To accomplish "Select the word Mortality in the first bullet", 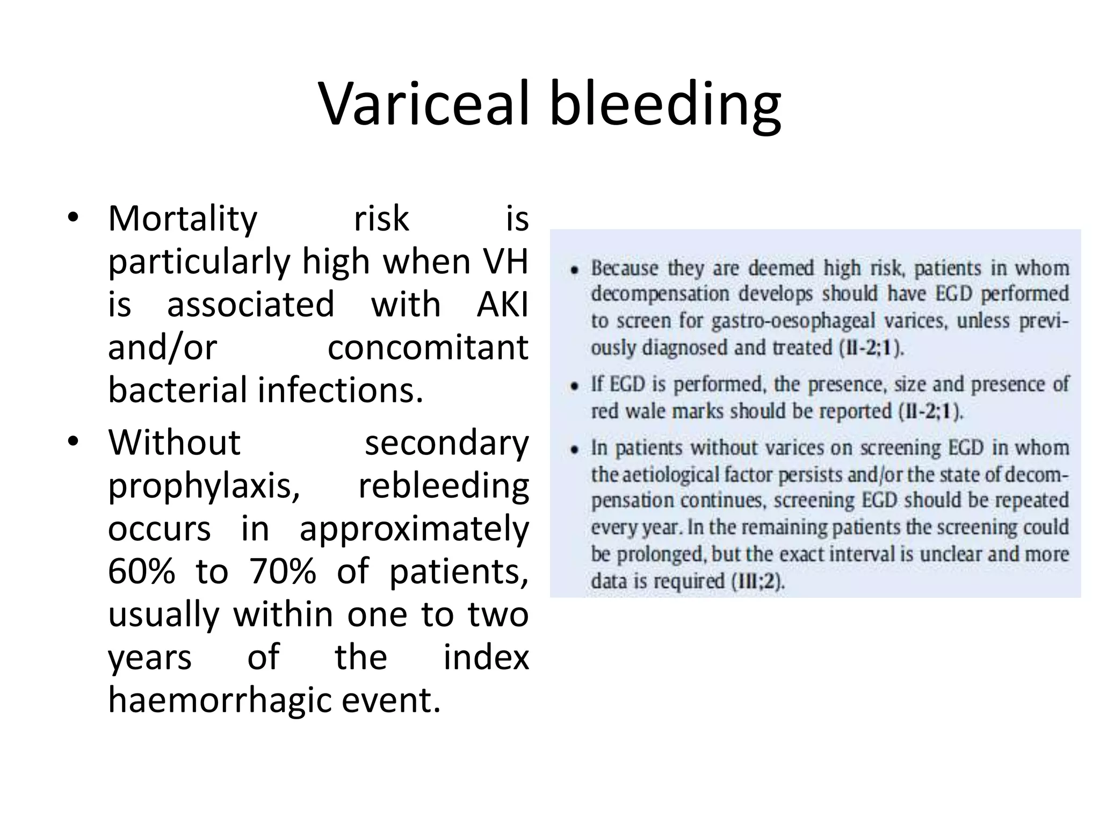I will coord(183,220).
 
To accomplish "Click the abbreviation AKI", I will coord(502,304).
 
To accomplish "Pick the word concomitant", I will coord(428,348).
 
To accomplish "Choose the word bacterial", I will coord(178,390).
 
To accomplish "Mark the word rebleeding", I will coord(443,486).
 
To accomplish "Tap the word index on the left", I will coord(486,657).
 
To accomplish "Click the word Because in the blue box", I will coord(624,268).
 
